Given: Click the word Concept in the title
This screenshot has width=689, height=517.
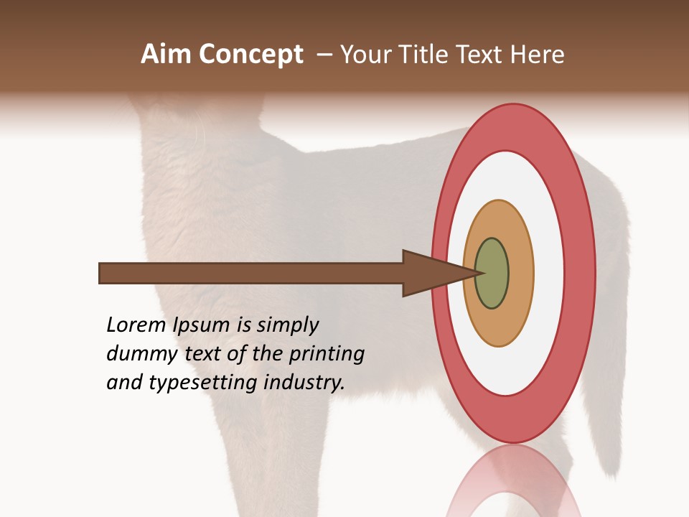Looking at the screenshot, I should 251,55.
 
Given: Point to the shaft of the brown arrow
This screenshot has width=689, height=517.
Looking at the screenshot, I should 251,274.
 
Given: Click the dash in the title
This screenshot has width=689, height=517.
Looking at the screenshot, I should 324,55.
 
